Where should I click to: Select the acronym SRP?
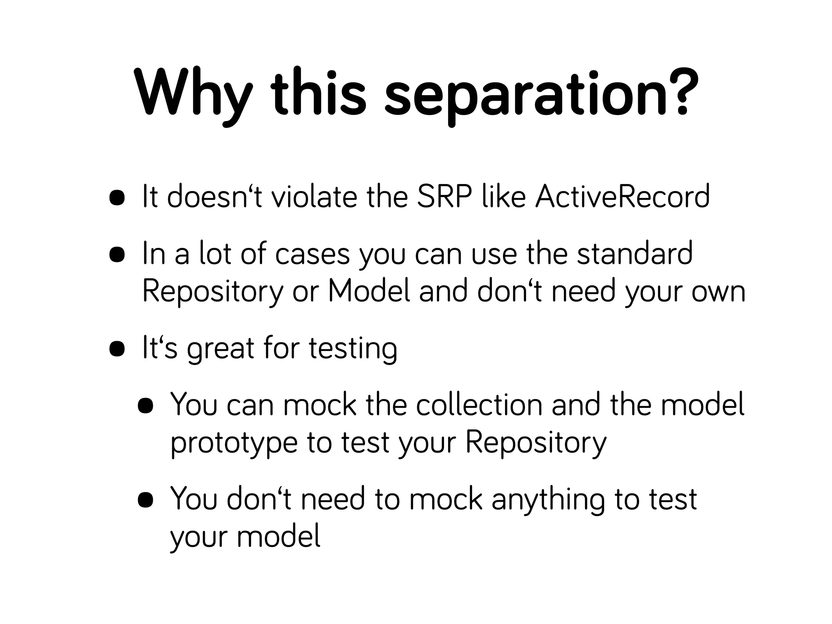point(444,197)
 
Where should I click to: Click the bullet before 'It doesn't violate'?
point(117,198)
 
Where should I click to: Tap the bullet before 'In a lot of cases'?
point(117,255)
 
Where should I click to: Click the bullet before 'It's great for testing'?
point(117,349)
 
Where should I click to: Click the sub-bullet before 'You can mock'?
point(145,406)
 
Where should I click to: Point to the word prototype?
point(234,443)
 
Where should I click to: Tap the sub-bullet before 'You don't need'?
point(145,500)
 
